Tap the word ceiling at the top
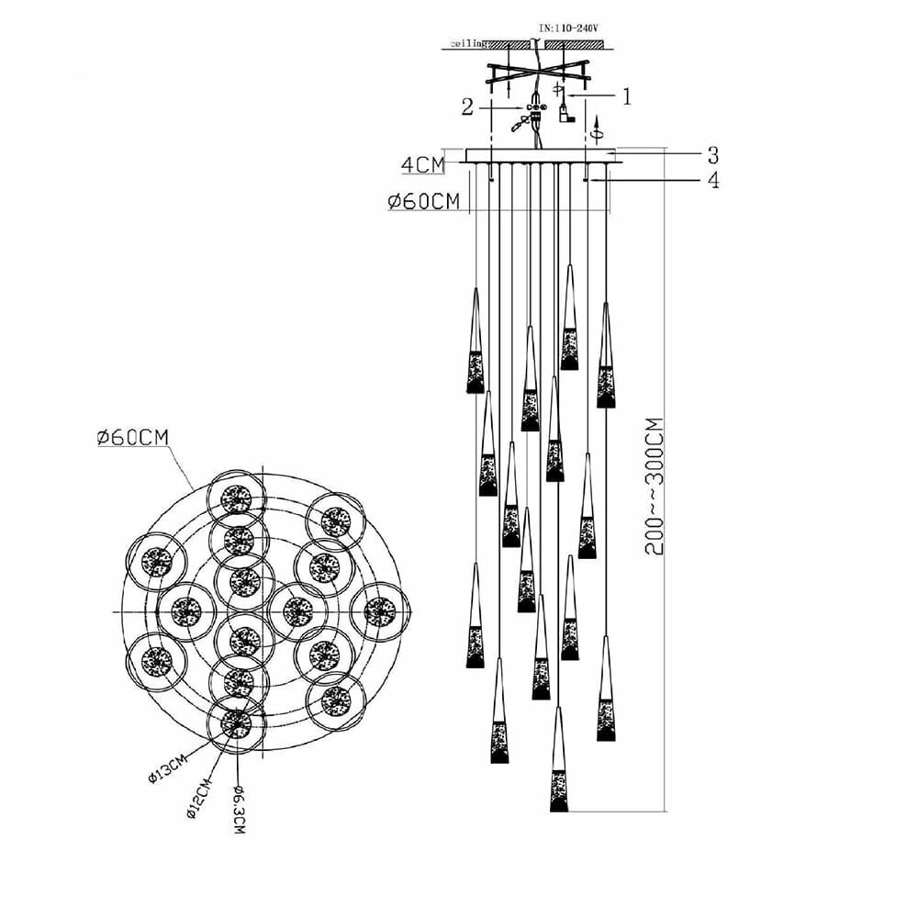(468, 43)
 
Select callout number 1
(628, 96)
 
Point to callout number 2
(467, 107)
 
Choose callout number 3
(712, 153)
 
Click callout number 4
(712, 180)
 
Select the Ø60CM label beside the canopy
(424, 202)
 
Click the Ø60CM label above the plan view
(133, 438)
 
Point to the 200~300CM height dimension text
(655, 487)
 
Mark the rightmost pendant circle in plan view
(379, 611)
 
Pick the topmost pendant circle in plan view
(238, 498)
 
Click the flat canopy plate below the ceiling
(543, 156)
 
